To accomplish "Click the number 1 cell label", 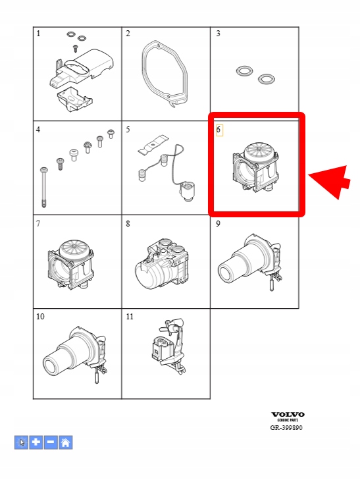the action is tap(38, 34).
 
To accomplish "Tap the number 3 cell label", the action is tap(218, 34).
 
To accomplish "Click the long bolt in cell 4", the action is tap(43, 188).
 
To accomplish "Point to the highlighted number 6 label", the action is tap(219, 130).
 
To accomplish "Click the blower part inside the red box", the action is tap(256, 167).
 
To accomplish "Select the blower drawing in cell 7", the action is tap(71, 264).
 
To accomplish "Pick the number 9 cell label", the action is tap(218, 224).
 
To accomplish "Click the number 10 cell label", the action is tap(40, 317).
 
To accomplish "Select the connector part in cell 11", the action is tap(168, 346).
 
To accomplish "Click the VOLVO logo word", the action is tap(288, 415).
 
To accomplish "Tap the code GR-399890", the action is tap(286, 427).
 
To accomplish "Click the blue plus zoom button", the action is tap(36, 442).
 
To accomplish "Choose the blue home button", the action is tap(65, 442).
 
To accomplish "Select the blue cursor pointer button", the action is tap(21, 442).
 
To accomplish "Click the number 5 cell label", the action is tap(128, 130).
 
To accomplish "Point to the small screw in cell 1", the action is tap(75, 48).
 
